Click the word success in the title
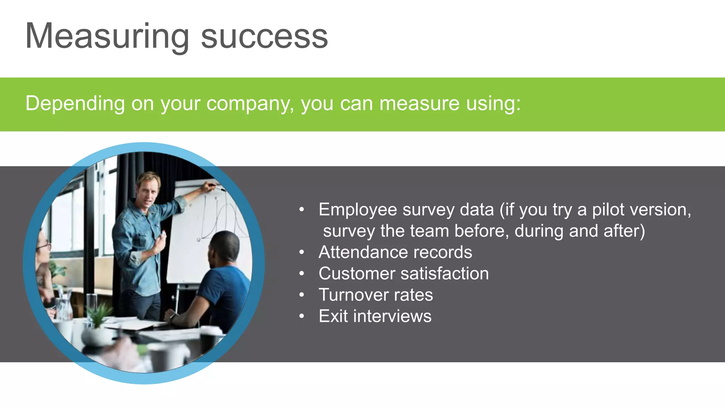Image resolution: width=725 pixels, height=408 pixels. pyautogui.click(x=264, y=36)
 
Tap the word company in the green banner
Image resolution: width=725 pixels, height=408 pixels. pyautogui.click(x=250, y=103)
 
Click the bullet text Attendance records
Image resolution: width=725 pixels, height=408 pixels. pyautogui.click(x=395, y=252)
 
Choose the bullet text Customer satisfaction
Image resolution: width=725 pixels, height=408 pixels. pyautogui.click(x=404, y=273)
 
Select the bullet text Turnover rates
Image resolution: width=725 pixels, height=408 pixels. pyautogui.click(x=376, y=295)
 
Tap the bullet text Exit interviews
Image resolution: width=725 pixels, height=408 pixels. pyautogui.click(x=375, y=316)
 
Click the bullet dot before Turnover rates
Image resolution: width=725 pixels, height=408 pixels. pyautogui.click(x=302, y=295)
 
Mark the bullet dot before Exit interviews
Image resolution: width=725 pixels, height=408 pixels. pyautogui.click(x=302, y=316)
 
